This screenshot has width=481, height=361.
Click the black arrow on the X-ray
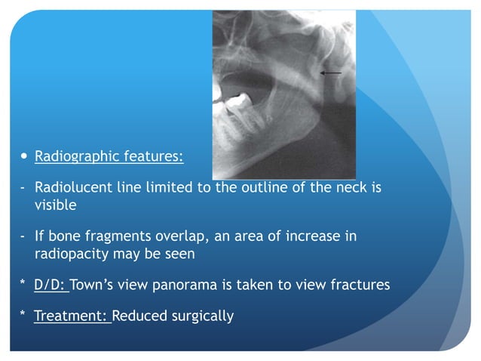pyautogui.click(x=330, y=73)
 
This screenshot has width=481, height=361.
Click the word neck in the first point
pyautogui.click(x=350, y=188)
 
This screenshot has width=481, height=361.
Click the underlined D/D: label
pyautogui.click(x=51, y=285)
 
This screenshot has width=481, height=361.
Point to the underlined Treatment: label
pyautogui.click(x=72, y=316)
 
